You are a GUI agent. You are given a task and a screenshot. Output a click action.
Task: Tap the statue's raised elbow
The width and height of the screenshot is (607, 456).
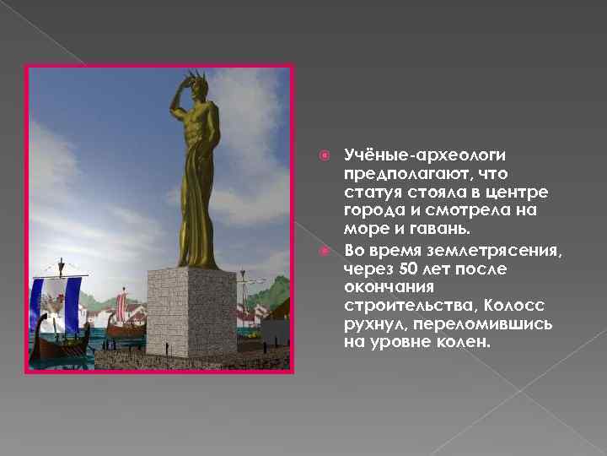(x=172, y=106)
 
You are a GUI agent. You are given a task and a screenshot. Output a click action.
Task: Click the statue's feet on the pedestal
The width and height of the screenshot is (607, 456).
(x=192, y=263)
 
